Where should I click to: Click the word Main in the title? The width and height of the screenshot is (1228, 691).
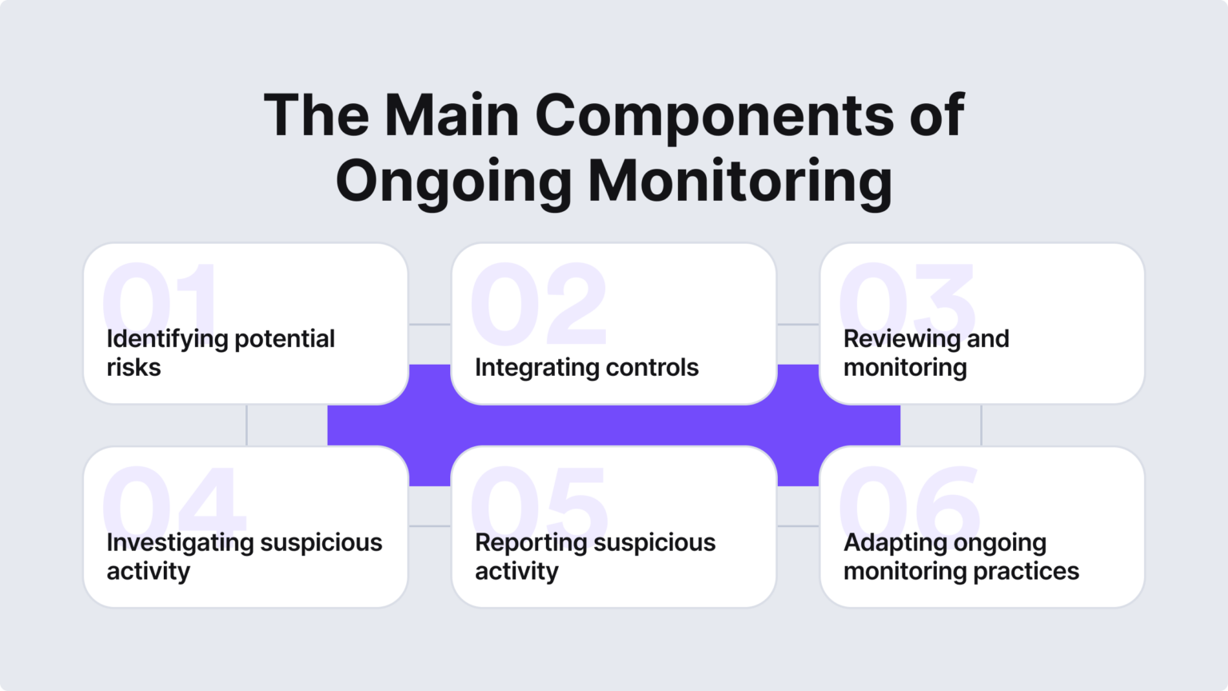[452, 115]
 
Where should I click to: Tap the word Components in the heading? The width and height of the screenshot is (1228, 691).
[715, 115]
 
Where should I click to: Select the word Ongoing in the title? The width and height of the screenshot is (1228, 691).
[453, 181]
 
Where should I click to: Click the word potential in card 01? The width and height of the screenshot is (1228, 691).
[284, 339]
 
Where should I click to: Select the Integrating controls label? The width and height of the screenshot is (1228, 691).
[586, 368]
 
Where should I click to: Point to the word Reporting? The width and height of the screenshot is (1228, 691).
[531, 543]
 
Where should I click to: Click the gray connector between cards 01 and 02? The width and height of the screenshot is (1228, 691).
[429, 324]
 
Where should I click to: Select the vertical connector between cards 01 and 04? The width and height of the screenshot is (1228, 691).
[246, 425]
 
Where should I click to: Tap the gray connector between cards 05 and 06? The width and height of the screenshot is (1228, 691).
[798, 526]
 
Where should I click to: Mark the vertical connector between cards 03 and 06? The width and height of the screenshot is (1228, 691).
[981, 425]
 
